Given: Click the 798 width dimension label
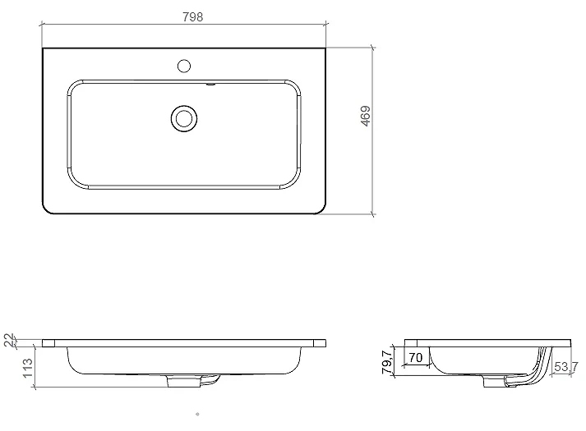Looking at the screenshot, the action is (193, 17).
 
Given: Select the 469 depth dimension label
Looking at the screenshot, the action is (366, 116).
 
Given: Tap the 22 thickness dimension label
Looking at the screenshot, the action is (9, 340).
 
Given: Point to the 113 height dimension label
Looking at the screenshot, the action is (28, 368).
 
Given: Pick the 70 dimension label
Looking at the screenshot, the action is (415, 357).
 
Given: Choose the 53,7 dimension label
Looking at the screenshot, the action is (566, 367).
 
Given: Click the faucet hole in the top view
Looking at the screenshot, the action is (184, 66).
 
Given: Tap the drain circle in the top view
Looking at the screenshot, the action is (184, 119).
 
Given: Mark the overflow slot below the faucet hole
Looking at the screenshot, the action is (210, 85).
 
